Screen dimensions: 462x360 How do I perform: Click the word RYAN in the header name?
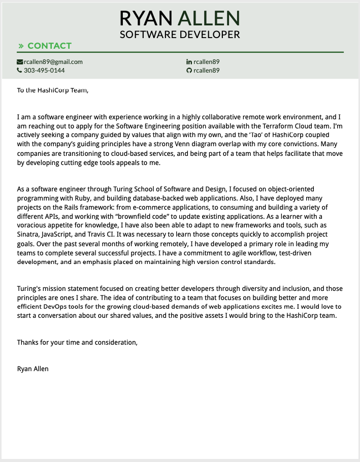tap(146, 18)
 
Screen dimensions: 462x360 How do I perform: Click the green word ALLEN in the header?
tap(209, 18)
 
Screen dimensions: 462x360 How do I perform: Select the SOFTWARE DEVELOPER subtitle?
tap(180, 35)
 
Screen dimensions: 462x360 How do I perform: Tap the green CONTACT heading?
tap(49, 46)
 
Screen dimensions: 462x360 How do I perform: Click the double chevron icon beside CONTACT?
tap(21, 46)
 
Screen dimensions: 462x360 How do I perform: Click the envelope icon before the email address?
tap(20, 62)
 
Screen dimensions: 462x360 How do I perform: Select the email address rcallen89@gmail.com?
tap(53, 62)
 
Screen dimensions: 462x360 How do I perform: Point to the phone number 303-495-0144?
tap(44, 71)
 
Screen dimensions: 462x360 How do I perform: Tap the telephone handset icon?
tap(19, 71)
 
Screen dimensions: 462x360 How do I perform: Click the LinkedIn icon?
tap(189, 62)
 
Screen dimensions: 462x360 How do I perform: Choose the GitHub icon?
tap(189, 71)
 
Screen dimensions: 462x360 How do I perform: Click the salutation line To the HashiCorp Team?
tap(53, 90)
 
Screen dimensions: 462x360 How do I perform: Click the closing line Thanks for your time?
tap(77, 342)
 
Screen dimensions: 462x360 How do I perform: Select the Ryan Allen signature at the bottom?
tap(33, 369)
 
